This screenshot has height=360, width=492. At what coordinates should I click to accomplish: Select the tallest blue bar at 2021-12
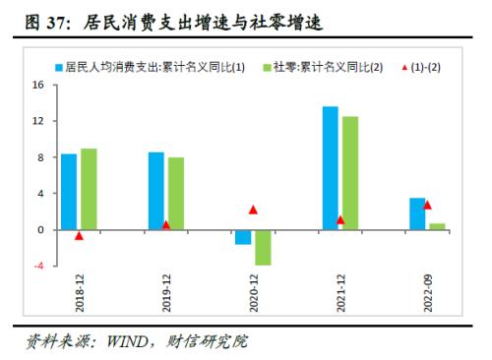(x=331, y=168)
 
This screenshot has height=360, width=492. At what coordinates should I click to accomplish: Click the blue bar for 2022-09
(x=417, y=213)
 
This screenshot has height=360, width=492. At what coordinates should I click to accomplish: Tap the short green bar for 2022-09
(x=437, y=226)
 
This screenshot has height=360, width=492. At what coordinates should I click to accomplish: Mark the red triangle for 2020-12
(x=253, y=210)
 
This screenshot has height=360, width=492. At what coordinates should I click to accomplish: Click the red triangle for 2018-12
(x=79, y=236)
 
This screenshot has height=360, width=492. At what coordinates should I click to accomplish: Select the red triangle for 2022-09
(x=427, y=205)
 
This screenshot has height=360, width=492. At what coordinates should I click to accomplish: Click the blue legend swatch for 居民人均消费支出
(x=58, y=66)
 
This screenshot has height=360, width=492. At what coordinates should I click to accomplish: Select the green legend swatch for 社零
(x=268, y=66)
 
